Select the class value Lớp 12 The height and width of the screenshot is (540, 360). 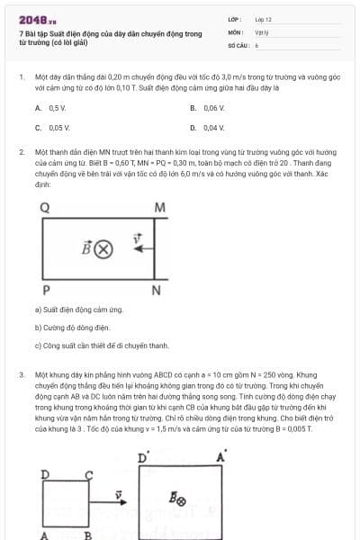(x=264, y=18)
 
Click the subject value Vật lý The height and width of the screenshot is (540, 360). (x=262, y=31)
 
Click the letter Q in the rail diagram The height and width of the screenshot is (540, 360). (x=45, y=208)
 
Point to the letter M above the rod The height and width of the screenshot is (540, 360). (x=159, y=208)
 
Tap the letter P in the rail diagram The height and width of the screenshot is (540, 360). (x=45, y=290)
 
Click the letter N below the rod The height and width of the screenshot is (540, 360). (x=157, y=290)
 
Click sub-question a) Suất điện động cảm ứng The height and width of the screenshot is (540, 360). (x=78, y=310)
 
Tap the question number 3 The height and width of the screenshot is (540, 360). (x=21, y=373)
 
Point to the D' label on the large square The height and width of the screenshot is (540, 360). (x=142, y=458)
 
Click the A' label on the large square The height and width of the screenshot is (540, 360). (x=221, y=458)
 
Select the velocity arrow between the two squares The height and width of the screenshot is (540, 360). (x=118, y=493)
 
